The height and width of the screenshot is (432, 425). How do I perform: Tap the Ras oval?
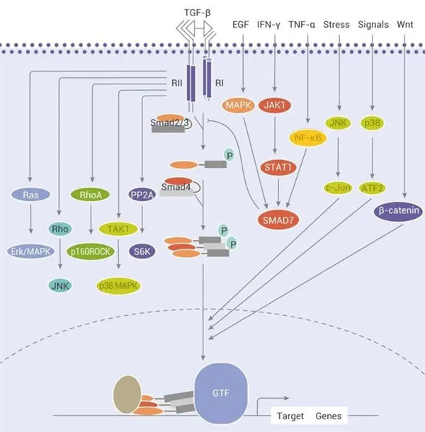coord(30,195)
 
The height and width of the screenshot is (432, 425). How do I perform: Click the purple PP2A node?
coord(142,195)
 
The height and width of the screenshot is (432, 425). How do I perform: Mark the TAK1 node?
coord(118,228)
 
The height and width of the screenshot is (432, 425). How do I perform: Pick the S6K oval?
coord(143,251)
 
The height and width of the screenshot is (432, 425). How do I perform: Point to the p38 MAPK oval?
coord(118,285)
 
